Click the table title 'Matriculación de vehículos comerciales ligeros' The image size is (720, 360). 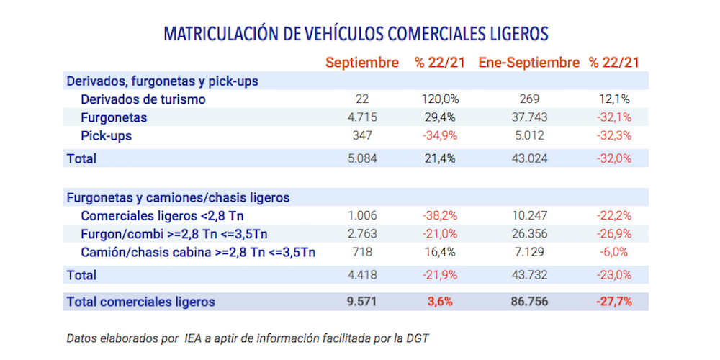tap(356, 34)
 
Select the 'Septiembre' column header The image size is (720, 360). tap(361, 63)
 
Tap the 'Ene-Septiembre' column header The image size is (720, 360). tap(528, 63)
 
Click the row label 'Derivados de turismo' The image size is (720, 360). tap(143, 99)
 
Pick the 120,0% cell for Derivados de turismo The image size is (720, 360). tap(440, 99)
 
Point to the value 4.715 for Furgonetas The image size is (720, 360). tap(362, 117)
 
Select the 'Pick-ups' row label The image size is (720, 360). tap(107, 135)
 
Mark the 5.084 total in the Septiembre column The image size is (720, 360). tap(362, 158)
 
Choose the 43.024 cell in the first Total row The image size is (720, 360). tap(529, 158)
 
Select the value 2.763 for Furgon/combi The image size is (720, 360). tap(362, 234)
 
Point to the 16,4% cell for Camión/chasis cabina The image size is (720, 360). tap(440, 252)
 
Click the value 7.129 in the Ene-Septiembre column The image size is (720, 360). tap(529, 252)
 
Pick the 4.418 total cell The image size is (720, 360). tap(362, 275)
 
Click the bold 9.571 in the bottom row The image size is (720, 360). tap(362, 302)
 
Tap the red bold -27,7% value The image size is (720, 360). tap(613, 302)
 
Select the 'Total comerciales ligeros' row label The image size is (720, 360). tap(140, 302)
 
